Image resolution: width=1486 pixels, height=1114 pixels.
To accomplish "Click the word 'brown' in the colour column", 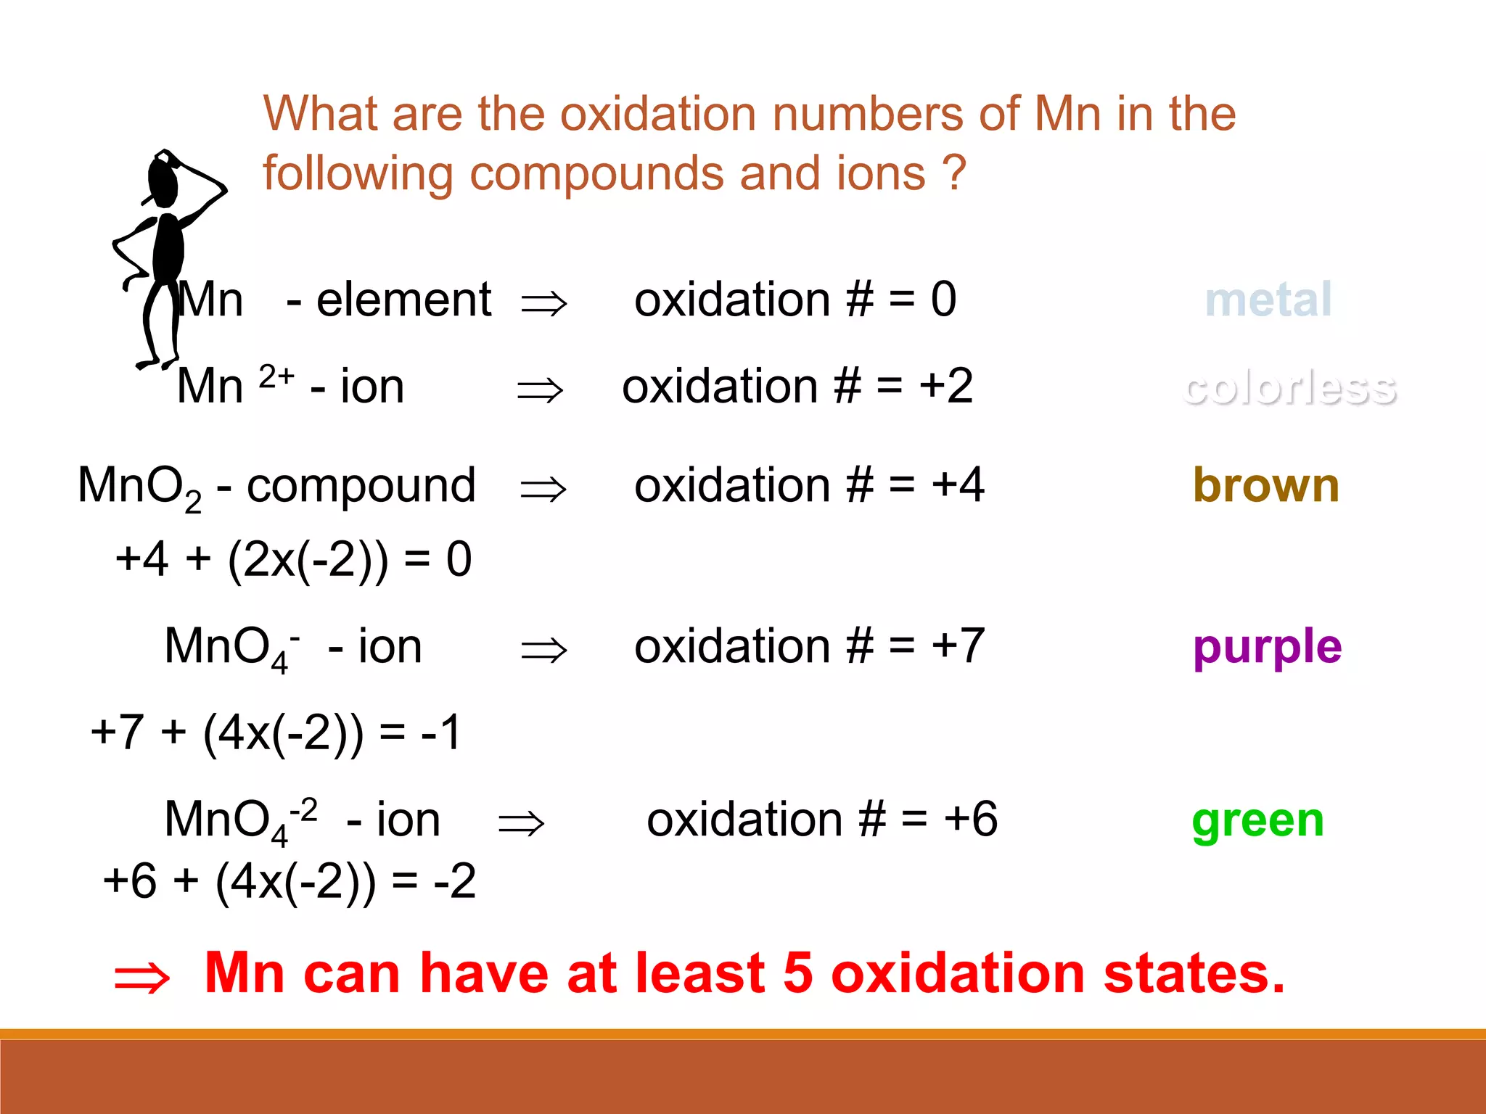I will pos(1266,485).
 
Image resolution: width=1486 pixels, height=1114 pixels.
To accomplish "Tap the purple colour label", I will pos(1267,648).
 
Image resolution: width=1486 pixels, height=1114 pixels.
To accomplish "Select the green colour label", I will pos(1257,821).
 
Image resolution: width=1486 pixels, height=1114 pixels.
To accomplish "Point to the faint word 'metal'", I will pos(1268,300).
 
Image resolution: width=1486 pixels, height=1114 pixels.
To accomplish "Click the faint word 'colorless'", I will pos(1289,387).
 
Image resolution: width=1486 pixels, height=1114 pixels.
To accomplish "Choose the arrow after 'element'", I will pos(543,302).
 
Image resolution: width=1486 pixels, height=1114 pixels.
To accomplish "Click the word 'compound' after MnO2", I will pos(361,485).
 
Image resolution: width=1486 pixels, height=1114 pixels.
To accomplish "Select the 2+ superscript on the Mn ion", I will pos(276,376).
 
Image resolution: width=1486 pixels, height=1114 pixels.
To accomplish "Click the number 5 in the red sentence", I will pos(798,973).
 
